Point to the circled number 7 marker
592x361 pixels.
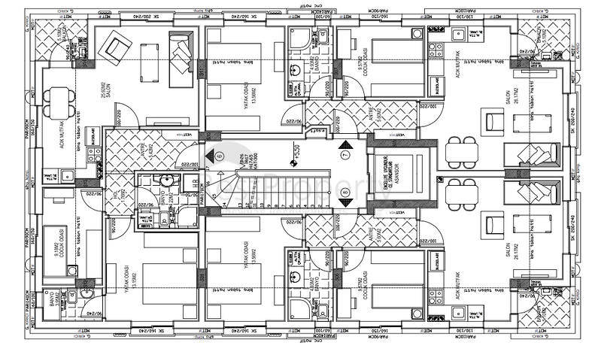click(x=345, y=155)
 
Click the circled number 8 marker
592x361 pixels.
click(x=345, y=193)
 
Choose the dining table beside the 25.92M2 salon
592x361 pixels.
click(x=55, y=98)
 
